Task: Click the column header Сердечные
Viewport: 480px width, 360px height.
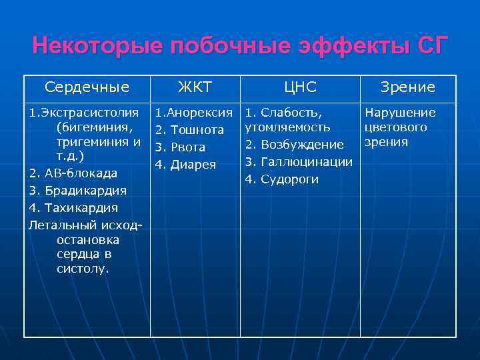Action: (87, 87)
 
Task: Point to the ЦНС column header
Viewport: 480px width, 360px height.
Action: (300, 87)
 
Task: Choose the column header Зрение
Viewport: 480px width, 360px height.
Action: (407, 87)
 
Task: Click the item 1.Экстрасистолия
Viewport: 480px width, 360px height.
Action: (84, 113)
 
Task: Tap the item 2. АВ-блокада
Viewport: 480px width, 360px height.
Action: (73, 173)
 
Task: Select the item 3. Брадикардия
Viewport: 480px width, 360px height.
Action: (78, 191)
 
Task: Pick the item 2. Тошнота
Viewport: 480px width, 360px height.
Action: (189, 129)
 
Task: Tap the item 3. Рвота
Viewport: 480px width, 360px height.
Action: (180, 147)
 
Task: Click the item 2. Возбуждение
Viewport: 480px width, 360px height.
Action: (294, 145)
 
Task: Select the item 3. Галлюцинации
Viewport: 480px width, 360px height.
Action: (299, 162)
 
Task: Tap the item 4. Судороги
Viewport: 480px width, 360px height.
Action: (282, 179)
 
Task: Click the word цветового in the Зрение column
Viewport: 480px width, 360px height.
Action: (396, 127)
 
